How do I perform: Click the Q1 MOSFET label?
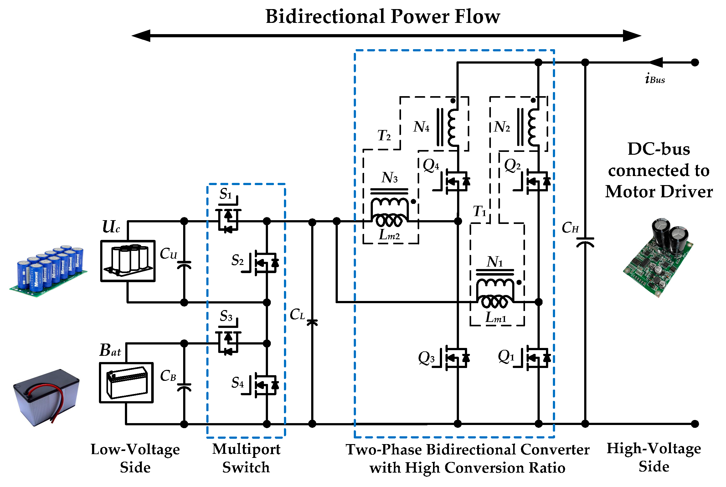coord(506,357)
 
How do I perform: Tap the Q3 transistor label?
coord(426,358)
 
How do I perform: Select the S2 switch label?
coord(237,260)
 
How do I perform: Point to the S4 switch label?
coord(237,382)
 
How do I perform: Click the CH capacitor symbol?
coord(585,242)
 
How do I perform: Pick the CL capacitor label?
coord(297,314)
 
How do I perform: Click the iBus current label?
coord(655,78)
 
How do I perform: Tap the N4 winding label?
coord(421,127)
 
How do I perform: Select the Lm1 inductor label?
coord(496,317)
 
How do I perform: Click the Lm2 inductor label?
coord(389,235)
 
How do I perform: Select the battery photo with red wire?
coord(46,397)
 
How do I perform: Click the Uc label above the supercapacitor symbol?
coord(111,226)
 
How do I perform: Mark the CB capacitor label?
coord(168,376)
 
